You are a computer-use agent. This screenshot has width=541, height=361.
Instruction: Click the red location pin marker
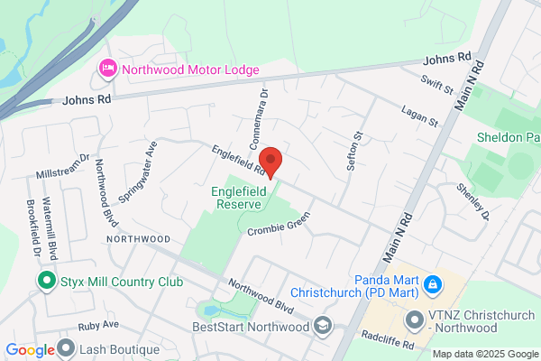tap(273, 162)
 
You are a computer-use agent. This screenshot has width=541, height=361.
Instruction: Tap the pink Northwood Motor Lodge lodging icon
tap(108, 69)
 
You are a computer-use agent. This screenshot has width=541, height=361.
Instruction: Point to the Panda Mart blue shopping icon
tap(433, 285)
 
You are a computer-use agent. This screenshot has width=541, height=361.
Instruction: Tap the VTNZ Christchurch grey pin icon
tap(415, 319)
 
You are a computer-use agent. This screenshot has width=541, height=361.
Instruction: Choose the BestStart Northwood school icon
tap(323, 326)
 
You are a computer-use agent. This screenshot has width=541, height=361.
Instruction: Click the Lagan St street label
tap(420, 115)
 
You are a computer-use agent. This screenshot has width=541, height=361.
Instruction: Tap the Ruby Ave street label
tap(98, 324)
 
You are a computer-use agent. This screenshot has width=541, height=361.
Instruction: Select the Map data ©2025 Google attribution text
tap(483, 353)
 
